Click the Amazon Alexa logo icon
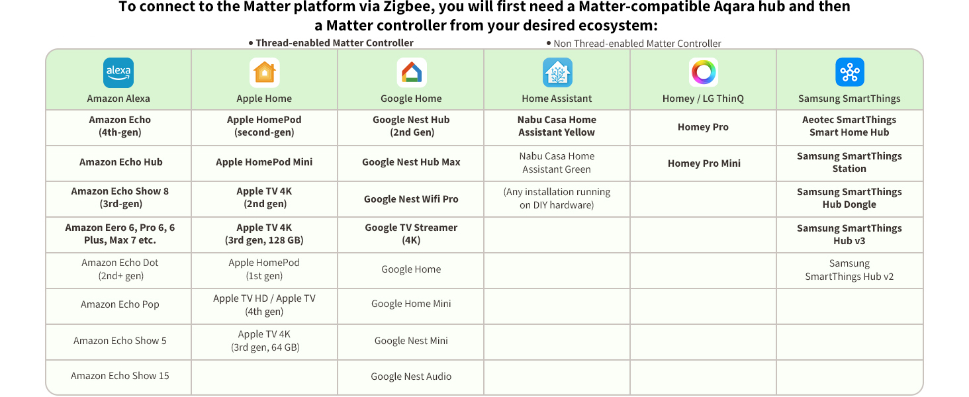pos(118,73)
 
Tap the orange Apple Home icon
pos(264,73)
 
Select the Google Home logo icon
pos(412,73)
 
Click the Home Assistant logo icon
pos(557,73)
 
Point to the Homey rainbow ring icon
pos(704,73)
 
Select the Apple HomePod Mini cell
pos(264,162)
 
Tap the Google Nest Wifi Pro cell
pos(411,199)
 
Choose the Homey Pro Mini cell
pos(704,163)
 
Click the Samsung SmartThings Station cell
pos(849,163)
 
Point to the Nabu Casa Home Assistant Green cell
pos(557,163)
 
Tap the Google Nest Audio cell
pos(411,376)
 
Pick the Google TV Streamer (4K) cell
pos(411,234)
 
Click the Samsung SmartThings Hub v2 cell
pos(849,270)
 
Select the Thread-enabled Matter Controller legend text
pos(334,43)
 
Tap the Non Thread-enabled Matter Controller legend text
pos(637,44)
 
